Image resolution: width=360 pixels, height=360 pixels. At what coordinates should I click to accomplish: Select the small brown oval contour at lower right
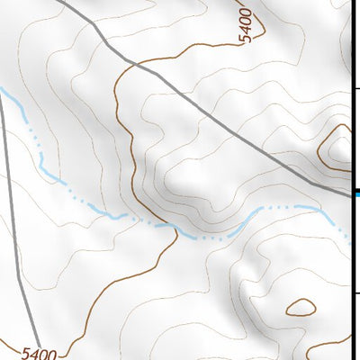tap(300, 307)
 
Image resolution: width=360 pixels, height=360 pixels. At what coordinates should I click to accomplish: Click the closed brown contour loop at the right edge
tap(338, 147)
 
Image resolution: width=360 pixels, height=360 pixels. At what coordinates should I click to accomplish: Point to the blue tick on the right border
tap(356, 193)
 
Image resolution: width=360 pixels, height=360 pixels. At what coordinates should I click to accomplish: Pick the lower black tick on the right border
tap(356, 293)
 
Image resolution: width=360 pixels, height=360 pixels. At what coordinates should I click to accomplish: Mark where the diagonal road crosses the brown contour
tap(127, 61)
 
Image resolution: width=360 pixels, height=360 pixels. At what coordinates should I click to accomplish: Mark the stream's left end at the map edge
tap(3, 90)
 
